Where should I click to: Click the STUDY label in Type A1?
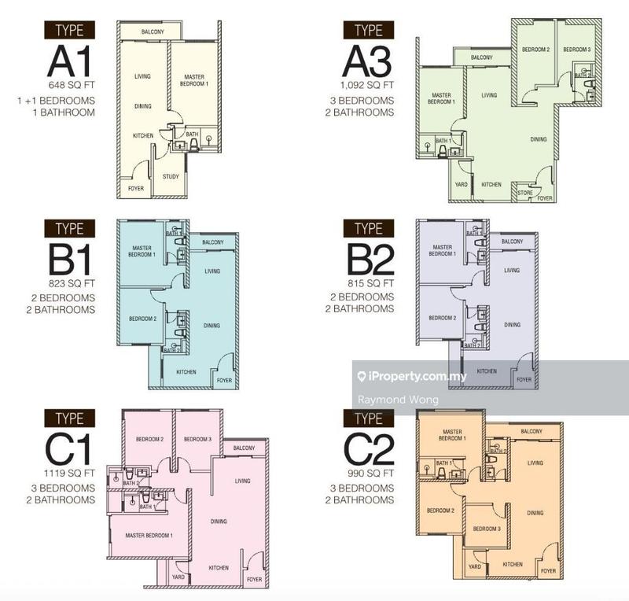click(171, 177)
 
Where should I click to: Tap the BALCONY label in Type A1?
click(152, 31)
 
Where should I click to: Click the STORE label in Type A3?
click(524, 192)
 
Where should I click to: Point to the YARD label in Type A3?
click(462, 185)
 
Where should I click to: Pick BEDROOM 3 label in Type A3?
click(578, 50)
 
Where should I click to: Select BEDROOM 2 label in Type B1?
click(142, 319)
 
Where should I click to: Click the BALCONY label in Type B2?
click(512, 241)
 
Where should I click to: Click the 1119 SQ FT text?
click(70, 474)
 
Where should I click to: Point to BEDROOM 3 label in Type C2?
click(487, 529)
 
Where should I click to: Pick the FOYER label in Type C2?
click(548, 571)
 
